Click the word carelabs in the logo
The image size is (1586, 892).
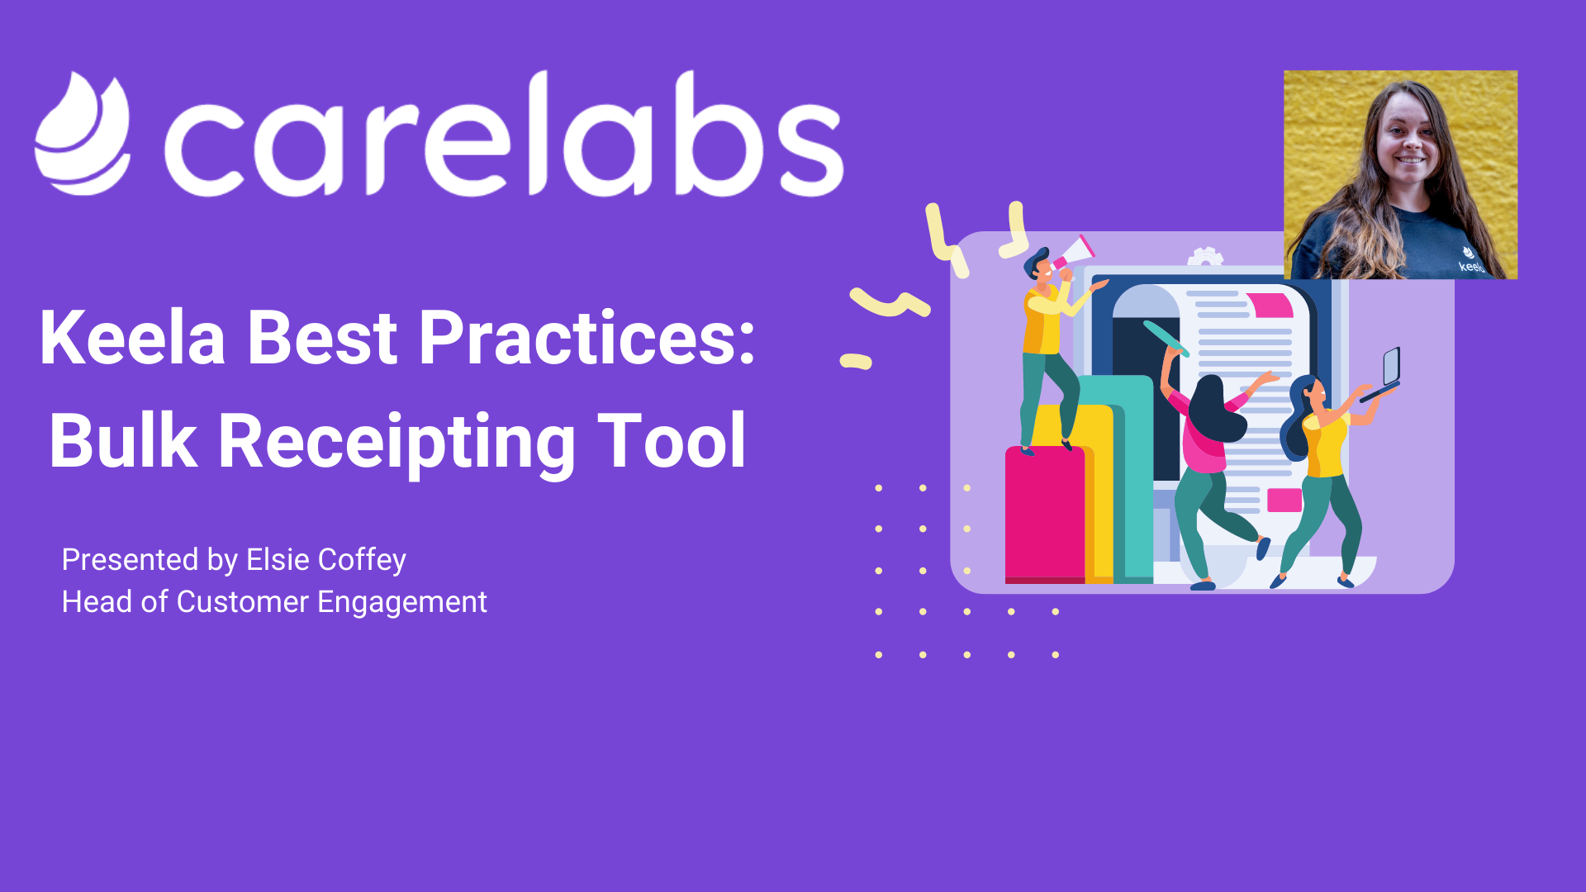pos(504,134)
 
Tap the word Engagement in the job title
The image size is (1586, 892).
pos(402,603)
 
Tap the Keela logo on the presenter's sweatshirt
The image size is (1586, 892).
pos(1470,260)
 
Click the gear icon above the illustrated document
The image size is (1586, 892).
pos(1205,257)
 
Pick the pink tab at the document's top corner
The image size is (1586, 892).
pos(1270,305)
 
